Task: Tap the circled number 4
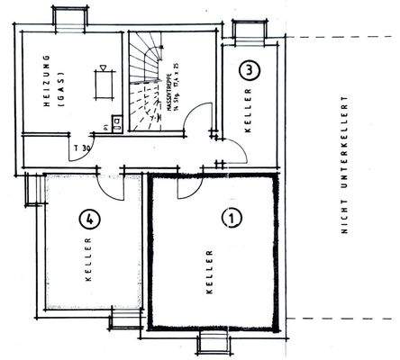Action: coord(87,217)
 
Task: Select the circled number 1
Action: coord(232,217)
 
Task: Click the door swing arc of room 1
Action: coord(191,188)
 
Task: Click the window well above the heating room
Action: coord(68,16)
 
